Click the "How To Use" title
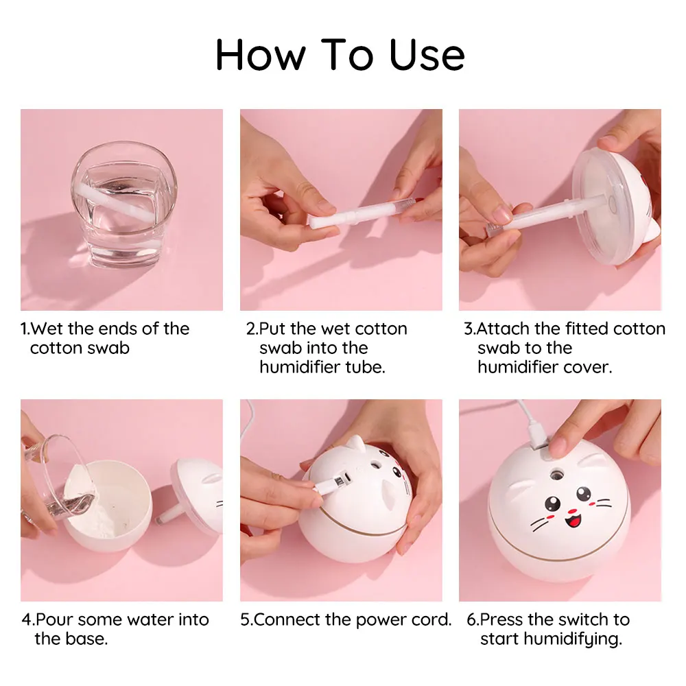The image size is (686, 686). click(340, 56)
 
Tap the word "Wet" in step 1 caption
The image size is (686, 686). click(51, 329)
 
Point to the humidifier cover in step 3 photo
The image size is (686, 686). click(611, 206)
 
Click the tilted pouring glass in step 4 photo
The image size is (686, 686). click(58, 480)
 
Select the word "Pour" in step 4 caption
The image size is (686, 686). click(54, 619)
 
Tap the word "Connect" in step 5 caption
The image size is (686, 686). click(287, 619)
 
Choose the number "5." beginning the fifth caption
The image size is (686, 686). click(246, 619)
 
